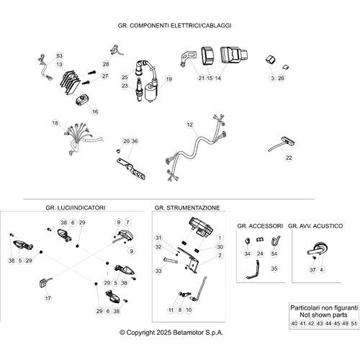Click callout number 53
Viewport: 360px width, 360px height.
[x=59, y=56]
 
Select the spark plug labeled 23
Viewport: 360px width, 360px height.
[x=139, y=89]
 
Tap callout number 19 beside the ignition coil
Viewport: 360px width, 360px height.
[x=168, y=79]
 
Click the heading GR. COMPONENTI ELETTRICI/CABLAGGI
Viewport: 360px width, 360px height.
[x=174, y=25]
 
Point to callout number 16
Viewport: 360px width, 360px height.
[x=95, y=112]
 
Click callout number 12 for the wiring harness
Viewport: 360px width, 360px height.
[x=189, y=125]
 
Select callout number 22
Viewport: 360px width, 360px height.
[x=289, y=158]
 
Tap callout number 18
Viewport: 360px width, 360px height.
[x=55, y=123]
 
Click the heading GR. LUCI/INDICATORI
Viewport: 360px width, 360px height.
[x=76, y=207]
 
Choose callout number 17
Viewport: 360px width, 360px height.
[x=48, y=298]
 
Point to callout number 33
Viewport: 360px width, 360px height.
[x=158, y=271]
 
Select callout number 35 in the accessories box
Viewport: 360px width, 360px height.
[x=274, y=269]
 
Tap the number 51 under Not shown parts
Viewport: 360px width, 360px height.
[x=354, y=323]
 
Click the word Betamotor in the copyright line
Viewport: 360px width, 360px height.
[x=188, y=333]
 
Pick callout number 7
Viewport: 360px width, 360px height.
[x=127, y=222]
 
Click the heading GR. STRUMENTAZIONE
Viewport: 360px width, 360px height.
[x=187, y=208]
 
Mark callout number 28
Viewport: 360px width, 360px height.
[x=106, y=64]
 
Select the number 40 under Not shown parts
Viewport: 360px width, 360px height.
[x=294, y=323]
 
